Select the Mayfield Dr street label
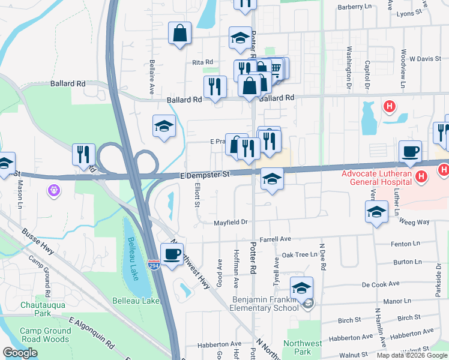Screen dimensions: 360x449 231,223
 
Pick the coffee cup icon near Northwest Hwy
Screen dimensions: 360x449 172,254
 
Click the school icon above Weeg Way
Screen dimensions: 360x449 376,212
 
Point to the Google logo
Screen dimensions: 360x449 20,353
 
